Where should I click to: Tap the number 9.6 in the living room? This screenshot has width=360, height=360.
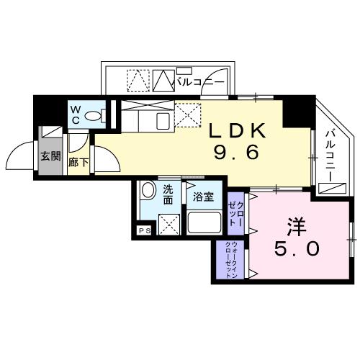(x=238, y=153)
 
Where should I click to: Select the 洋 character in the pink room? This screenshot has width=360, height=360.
(x=294, y=226)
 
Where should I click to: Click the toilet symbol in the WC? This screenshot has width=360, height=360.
(x=101, y=114)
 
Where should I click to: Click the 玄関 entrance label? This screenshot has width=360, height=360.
(x=49, y=157)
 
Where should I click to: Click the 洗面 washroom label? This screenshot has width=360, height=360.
(x=168, y=194)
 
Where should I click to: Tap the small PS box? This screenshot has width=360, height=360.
(x=144, y=231)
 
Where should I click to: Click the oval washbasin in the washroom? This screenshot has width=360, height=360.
(x=148, y=192)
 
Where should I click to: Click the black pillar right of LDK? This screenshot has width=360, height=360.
(x=294, y=109)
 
